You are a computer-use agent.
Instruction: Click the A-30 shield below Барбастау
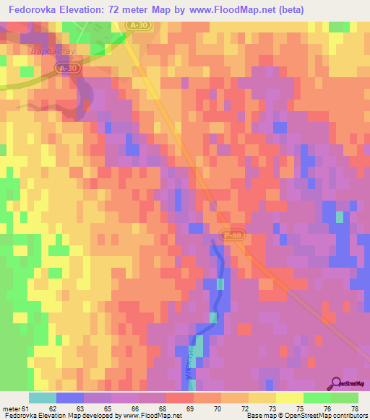coord(67,68)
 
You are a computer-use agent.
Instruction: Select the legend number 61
coord(27,408)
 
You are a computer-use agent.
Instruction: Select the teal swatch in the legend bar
coord(42,398)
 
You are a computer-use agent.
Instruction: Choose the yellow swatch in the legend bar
coord(289,398)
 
